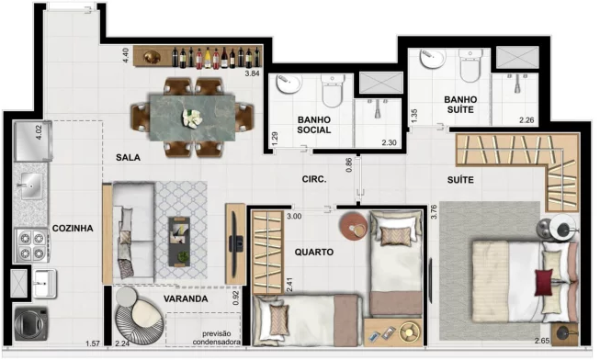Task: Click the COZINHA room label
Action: (x=73, y=229)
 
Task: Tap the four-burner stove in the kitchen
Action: (x=32, y=245)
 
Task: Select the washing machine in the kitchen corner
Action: (x=31, y=324)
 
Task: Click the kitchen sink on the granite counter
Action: (x=31, y=186)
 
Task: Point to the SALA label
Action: (x=128, y=158)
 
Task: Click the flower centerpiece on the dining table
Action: (x=192, y=118)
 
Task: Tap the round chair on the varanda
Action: (x=140, y=316)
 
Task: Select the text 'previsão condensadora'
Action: (x=217, y=338)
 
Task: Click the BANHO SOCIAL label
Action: (x=313, y=125)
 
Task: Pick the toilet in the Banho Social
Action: (x=332, y=91)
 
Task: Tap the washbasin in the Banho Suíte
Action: (x=433, y=59)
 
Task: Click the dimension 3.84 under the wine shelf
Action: (x=252, y=73)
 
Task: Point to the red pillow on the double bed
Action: (x=544, y=282)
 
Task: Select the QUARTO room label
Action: (x=314, y=253)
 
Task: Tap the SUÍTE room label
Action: (x=460, y=180)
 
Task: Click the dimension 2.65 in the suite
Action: (x=542, y=341)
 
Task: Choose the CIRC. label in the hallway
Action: (x=314, y=179)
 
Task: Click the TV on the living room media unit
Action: (x=235, y=243)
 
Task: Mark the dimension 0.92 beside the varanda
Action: (x=236, y=298)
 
